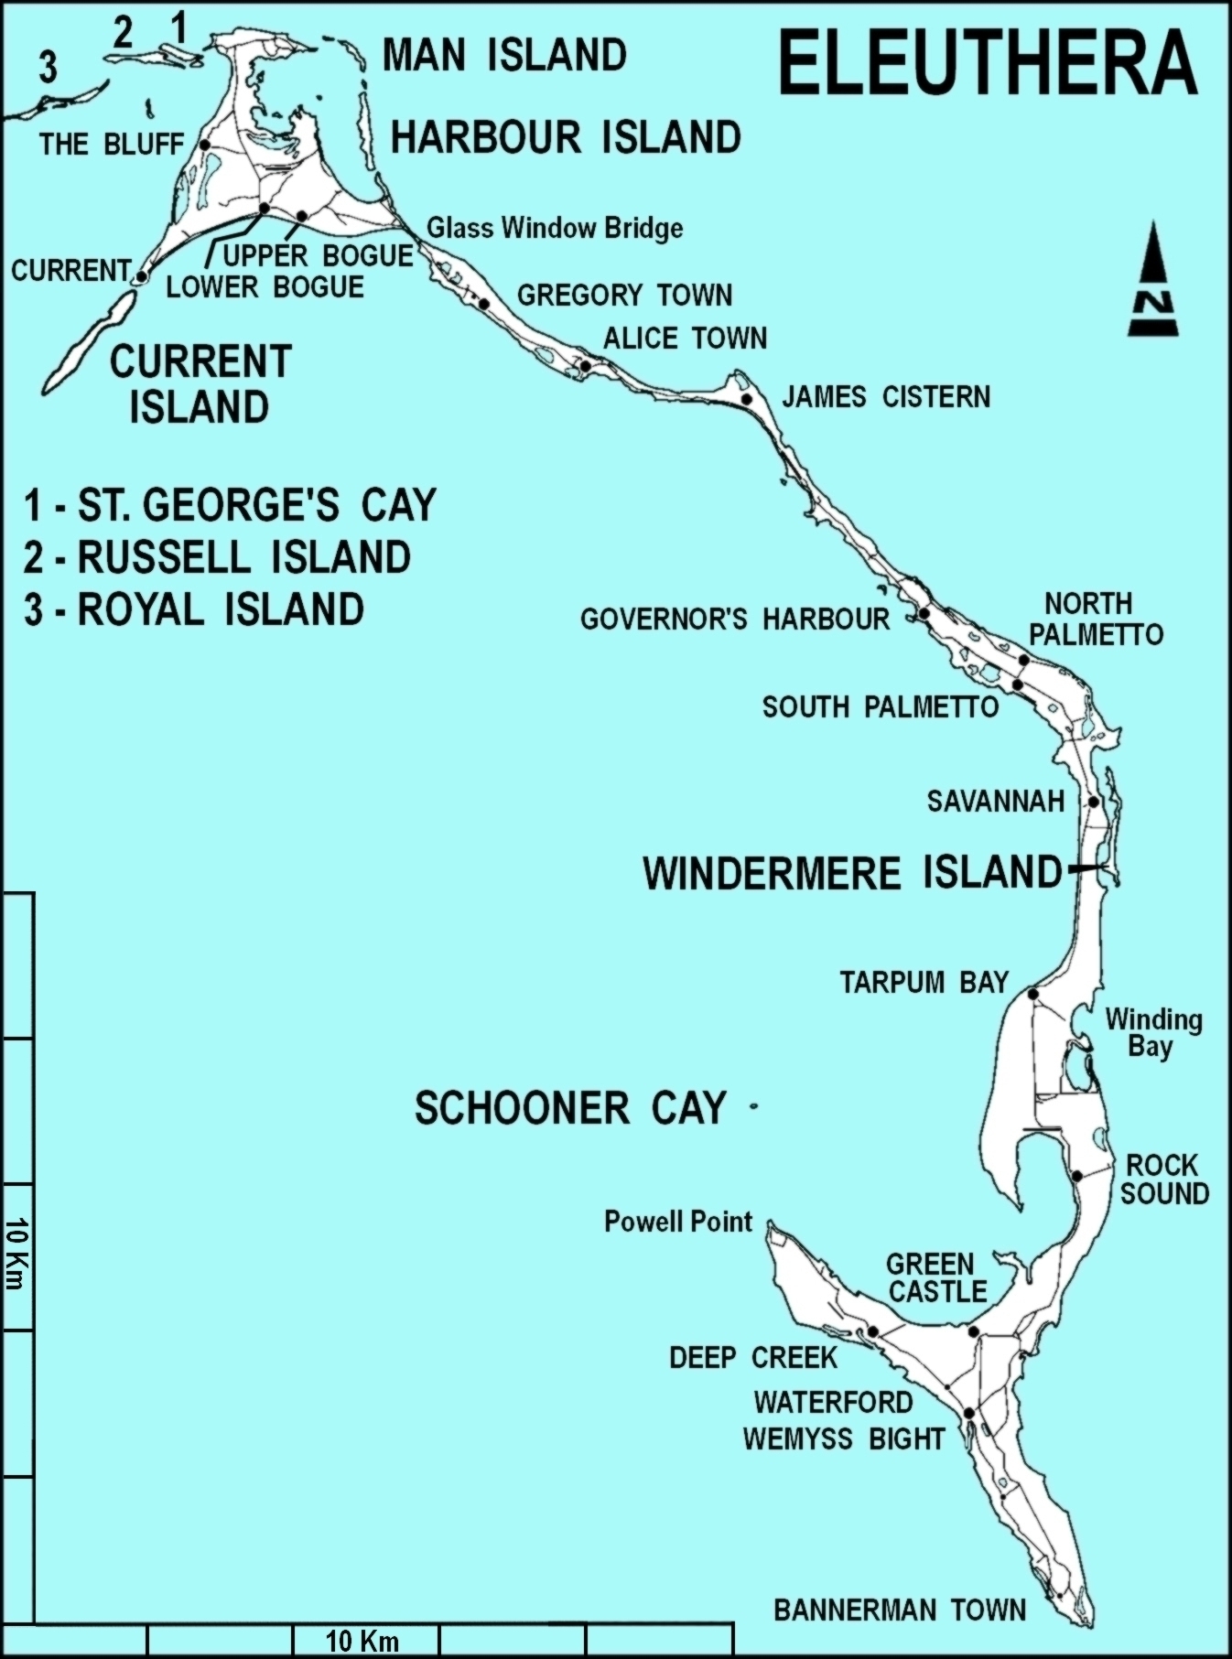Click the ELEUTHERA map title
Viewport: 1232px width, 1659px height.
pos(988,62)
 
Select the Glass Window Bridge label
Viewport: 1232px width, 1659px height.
pos(555,227)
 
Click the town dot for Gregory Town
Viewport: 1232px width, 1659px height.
pos(484,304)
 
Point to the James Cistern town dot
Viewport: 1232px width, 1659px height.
pos(747,399)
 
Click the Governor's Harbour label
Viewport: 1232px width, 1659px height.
pos(734,619)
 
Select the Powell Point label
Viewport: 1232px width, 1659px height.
pos(677,1222)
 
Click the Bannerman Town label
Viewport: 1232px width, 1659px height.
pos(900,1610)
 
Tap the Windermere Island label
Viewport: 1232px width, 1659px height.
pos(851,872)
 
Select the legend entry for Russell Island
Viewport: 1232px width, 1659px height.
pos(218,557)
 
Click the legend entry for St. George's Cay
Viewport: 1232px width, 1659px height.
pos(231,504)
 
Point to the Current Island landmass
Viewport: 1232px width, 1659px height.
pos(87,343)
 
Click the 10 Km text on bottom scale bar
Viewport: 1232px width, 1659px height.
pos(362,1641)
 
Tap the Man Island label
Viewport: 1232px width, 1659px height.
pos(504,56)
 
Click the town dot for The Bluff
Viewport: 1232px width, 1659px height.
pos(205,145)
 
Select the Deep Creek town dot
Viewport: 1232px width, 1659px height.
pos(873,1331)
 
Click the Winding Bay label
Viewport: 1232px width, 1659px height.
pos(1153,1032)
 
